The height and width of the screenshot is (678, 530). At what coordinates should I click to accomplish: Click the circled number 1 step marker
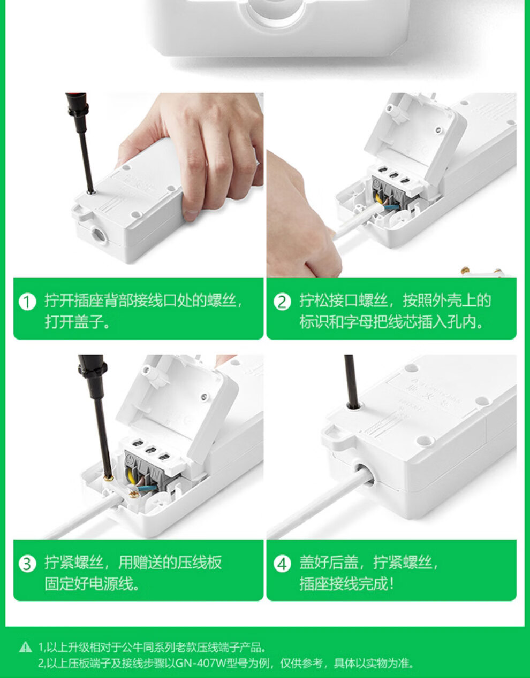pos(27,302)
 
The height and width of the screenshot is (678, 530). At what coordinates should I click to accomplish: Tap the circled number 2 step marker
pos(282,302)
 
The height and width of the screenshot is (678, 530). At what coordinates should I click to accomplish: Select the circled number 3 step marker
pos(27,564)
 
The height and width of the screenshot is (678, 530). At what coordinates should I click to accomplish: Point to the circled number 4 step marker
pos(282,564)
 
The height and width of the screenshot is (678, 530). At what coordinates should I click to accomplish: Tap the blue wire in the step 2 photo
pos(391,206)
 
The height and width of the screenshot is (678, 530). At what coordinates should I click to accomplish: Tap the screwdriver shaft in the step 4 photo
pos(351,381)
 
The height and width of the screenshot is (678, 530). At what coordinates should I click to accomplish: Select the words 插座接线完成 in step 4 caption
pos(344,584)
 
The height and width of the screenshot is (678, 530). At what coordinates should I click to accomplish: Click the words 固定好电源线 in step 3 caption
pos(89,584)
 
